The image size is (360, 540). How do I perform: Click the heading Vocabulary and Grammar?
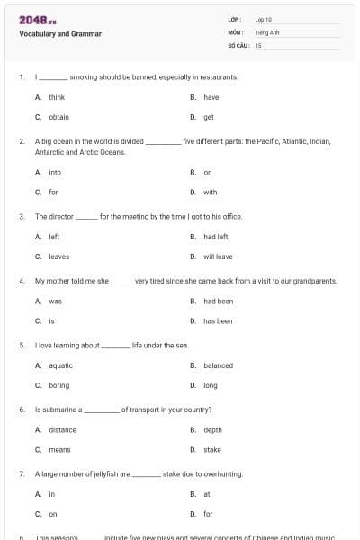pyautogui.click(x=60, y=34)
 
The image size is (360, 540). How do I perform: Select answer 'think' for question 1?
pyautogui.click(x=57, y=97)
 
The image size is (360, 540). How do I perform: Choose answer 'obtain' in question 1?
pyautogui.click(x=58, y=117)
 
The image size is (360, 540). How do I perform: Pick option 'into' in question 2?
pyautogui.click(x=55, y=172)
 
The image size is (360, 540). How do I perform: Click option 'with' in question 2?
pyautogui.click(x=210, y=192)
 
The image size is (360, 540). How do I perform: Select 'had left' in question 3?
pyautogui.click(x=216, y=237)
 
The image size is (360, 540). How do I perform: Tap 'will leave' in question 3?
pyautogui.click(x=218, y=256)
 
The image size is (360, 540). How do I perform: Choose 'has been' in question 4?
pyautogui.click(x=218, y=320)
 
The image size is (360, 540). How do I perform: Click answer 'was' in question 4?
pyautogui.click(x=55, y=301)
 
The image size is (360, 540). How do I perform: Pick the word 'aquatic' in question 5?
pyautogui.click(x=61, y=365)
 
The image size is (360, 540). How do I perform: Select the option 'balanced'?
pyautogui.click(x=218, y=365)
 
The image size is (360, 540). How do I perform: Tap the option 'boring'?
pyautogui.click(x=59, y=385)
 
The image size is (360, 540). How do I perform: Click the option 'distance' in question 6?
pyautogui.click(x=63, y=430)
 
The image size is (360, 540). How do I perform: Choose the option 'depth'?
pyautogui.click(x=212, y=430)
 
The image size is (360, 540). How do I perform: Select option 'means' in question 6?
pyautogui.click(x=59, y=449)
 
